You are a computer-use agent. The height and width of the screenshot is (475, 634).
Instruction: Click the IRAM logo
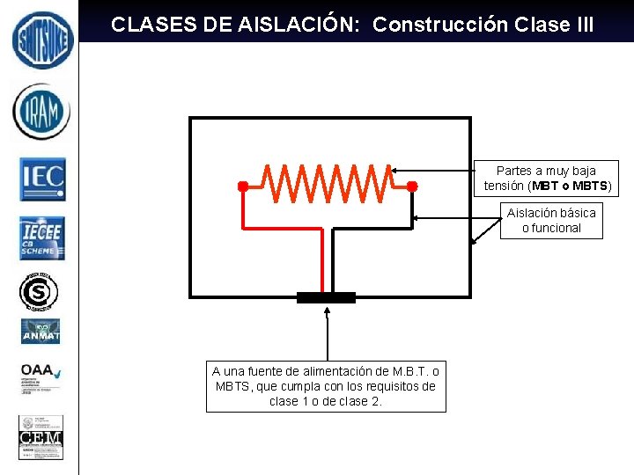click(41, 111)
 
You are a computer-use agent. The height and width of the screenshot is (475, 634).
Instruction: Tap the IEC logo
click(42, 179)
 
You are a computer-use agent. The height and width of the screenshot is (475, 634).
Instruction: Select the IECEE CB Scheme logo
click(41, 238)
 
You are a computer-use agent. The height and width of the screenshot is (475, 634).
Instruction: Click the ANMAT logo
click(41, 332)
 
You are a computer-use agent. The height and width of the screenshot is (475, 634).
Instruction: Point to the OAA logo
click(41, 376)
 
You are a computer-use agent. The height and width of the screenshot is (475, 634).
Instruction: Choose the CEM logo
click(41, 437)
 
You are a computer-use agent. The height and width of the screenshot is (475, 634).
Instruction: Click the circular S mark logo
click(40, 291)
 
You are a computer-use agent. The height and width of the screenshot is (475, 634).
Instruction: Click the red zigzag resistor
click(328, 181)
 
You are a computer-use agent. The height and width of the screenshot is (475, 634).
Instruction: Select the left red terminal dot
click(242, 186)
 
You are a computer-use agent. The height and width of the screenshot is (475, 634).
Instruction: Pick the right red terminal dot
click(410, 186)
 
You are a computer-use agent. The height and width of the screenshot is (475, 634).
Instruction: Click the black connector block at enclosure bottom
click(327, 297)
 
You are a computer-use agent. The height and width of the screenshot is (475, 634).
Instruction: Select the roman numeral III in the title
click(580, 25)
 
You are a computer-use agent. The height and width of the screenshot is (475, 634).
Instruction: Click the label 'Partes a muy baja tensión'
click(546, 179)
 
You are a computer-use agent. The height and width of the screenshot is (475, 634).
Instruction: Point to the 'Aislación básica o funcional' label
click(551, 220)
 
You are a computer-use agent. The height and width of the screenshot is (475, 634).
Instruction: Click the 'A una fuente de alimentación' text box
click(326, 386)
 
